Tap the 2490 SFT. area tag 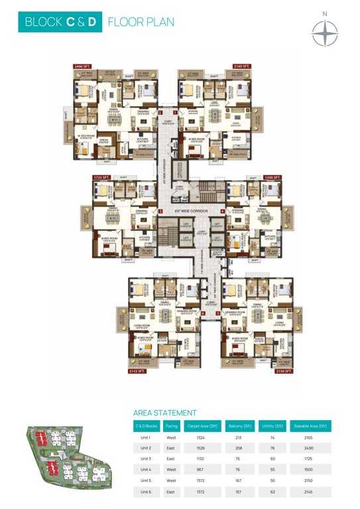point(83,66)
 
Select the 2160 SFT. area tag point(242,66)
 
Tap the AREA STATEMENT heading point(164,412)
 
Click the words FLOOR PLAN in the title point(141,23)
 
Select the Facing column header point(171,425)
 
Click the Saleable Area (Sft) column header point(311,425)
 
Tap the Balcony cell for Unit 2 point(243,451)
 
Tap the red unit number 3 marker point(217,313)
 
